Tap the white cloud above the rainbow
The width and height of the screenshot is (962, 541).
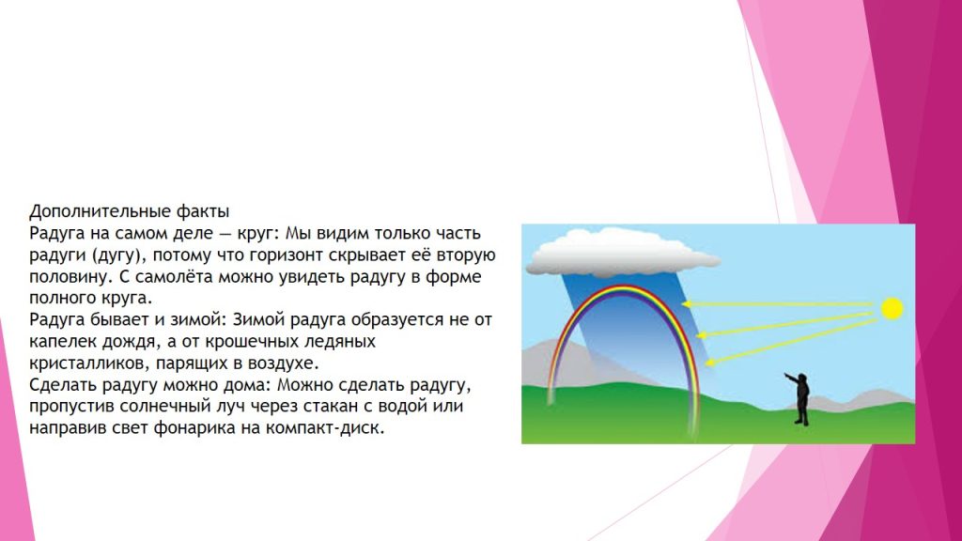[623, 252]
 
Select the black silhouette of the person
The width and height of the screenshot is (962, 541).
[799, 398]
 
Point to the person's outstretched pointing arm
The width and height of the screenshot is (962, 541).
[791, 377]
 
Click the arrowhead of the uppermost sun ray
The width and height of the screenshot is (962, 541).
[687, 303]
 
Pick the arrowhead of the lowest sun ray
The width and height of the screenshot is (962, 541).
[710, 363]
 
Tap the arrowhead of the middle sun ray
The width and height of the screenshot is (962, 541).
[702, 335]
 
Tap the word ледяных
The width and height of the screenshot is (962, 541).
[346, 342]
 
